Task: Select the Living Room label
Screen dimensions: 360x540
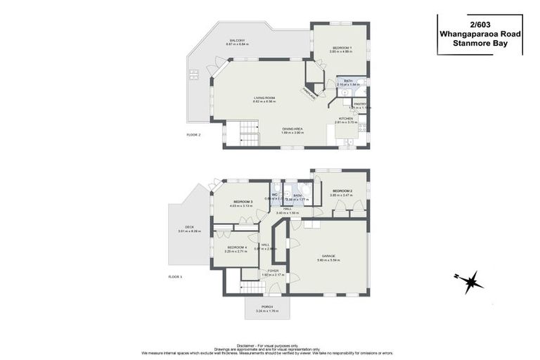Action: click(x=264, y=98)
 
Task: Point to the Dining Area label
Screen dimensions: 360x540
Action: click(x=292, y=129)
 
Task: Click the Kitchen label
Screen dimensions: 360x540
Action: click(x=346, y=119)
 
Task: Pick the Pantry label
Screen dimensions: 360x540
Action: click(x=360, y=104)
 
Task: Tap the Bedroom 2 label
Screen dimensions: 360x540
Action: click(x=342, y=191)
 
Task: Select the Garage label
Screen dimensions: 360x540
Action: click(x=328, y=256)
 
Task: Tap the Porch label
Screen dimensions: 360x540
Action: click(x=267, y=307)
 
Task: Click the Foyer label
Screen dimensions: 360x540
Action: click(x=273, y=270)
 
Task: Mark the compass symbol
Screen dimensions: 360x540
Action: click(x=470, y=281)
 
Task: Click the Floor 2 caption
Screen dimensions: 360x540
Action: click(x=194, y=134)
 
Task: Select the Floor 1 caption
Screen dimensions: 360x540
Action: click(x=175, y=277)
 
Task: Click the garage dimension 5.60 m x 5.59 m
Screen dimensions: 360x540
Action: click(x=328, y=260)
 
